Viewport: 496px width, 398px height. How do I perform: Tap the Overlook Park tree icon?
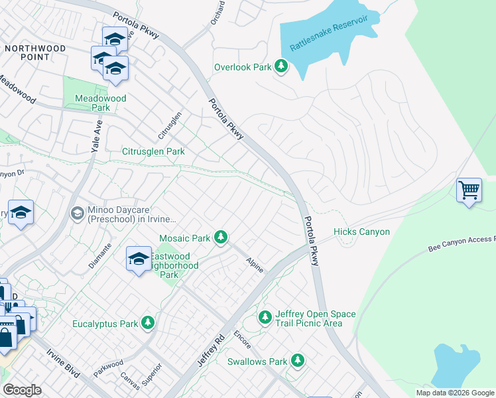coord(282,66)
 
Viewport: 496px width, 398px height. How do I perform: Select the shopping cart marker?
coord(469,190)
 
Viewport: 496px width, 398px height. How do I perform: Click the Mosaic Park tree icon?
coord(221,237)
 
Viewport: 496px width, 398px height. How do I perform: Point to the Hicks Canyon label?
coord(361,232)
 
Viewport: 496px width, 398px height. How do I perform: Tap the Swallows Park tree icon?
coord(298,361)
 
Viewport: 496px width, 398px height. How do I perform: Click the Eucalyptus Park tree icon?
coord(147,324)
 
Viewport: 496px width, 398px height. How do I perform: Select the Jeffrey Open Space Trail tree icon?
coord(265,318)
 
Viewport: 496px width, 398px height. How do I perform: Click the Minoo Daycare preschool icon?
coord(78,214)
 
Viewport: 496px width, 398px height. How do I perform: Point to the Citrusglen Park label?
coord(153,151)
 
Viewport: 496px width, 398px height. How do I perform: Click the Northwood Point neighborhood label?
coord(35,52)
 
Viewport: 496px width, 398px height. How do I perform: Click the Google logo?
coord(22,390)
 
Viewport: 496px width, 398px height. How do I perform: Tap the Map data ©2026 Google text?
coord(455,393)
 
